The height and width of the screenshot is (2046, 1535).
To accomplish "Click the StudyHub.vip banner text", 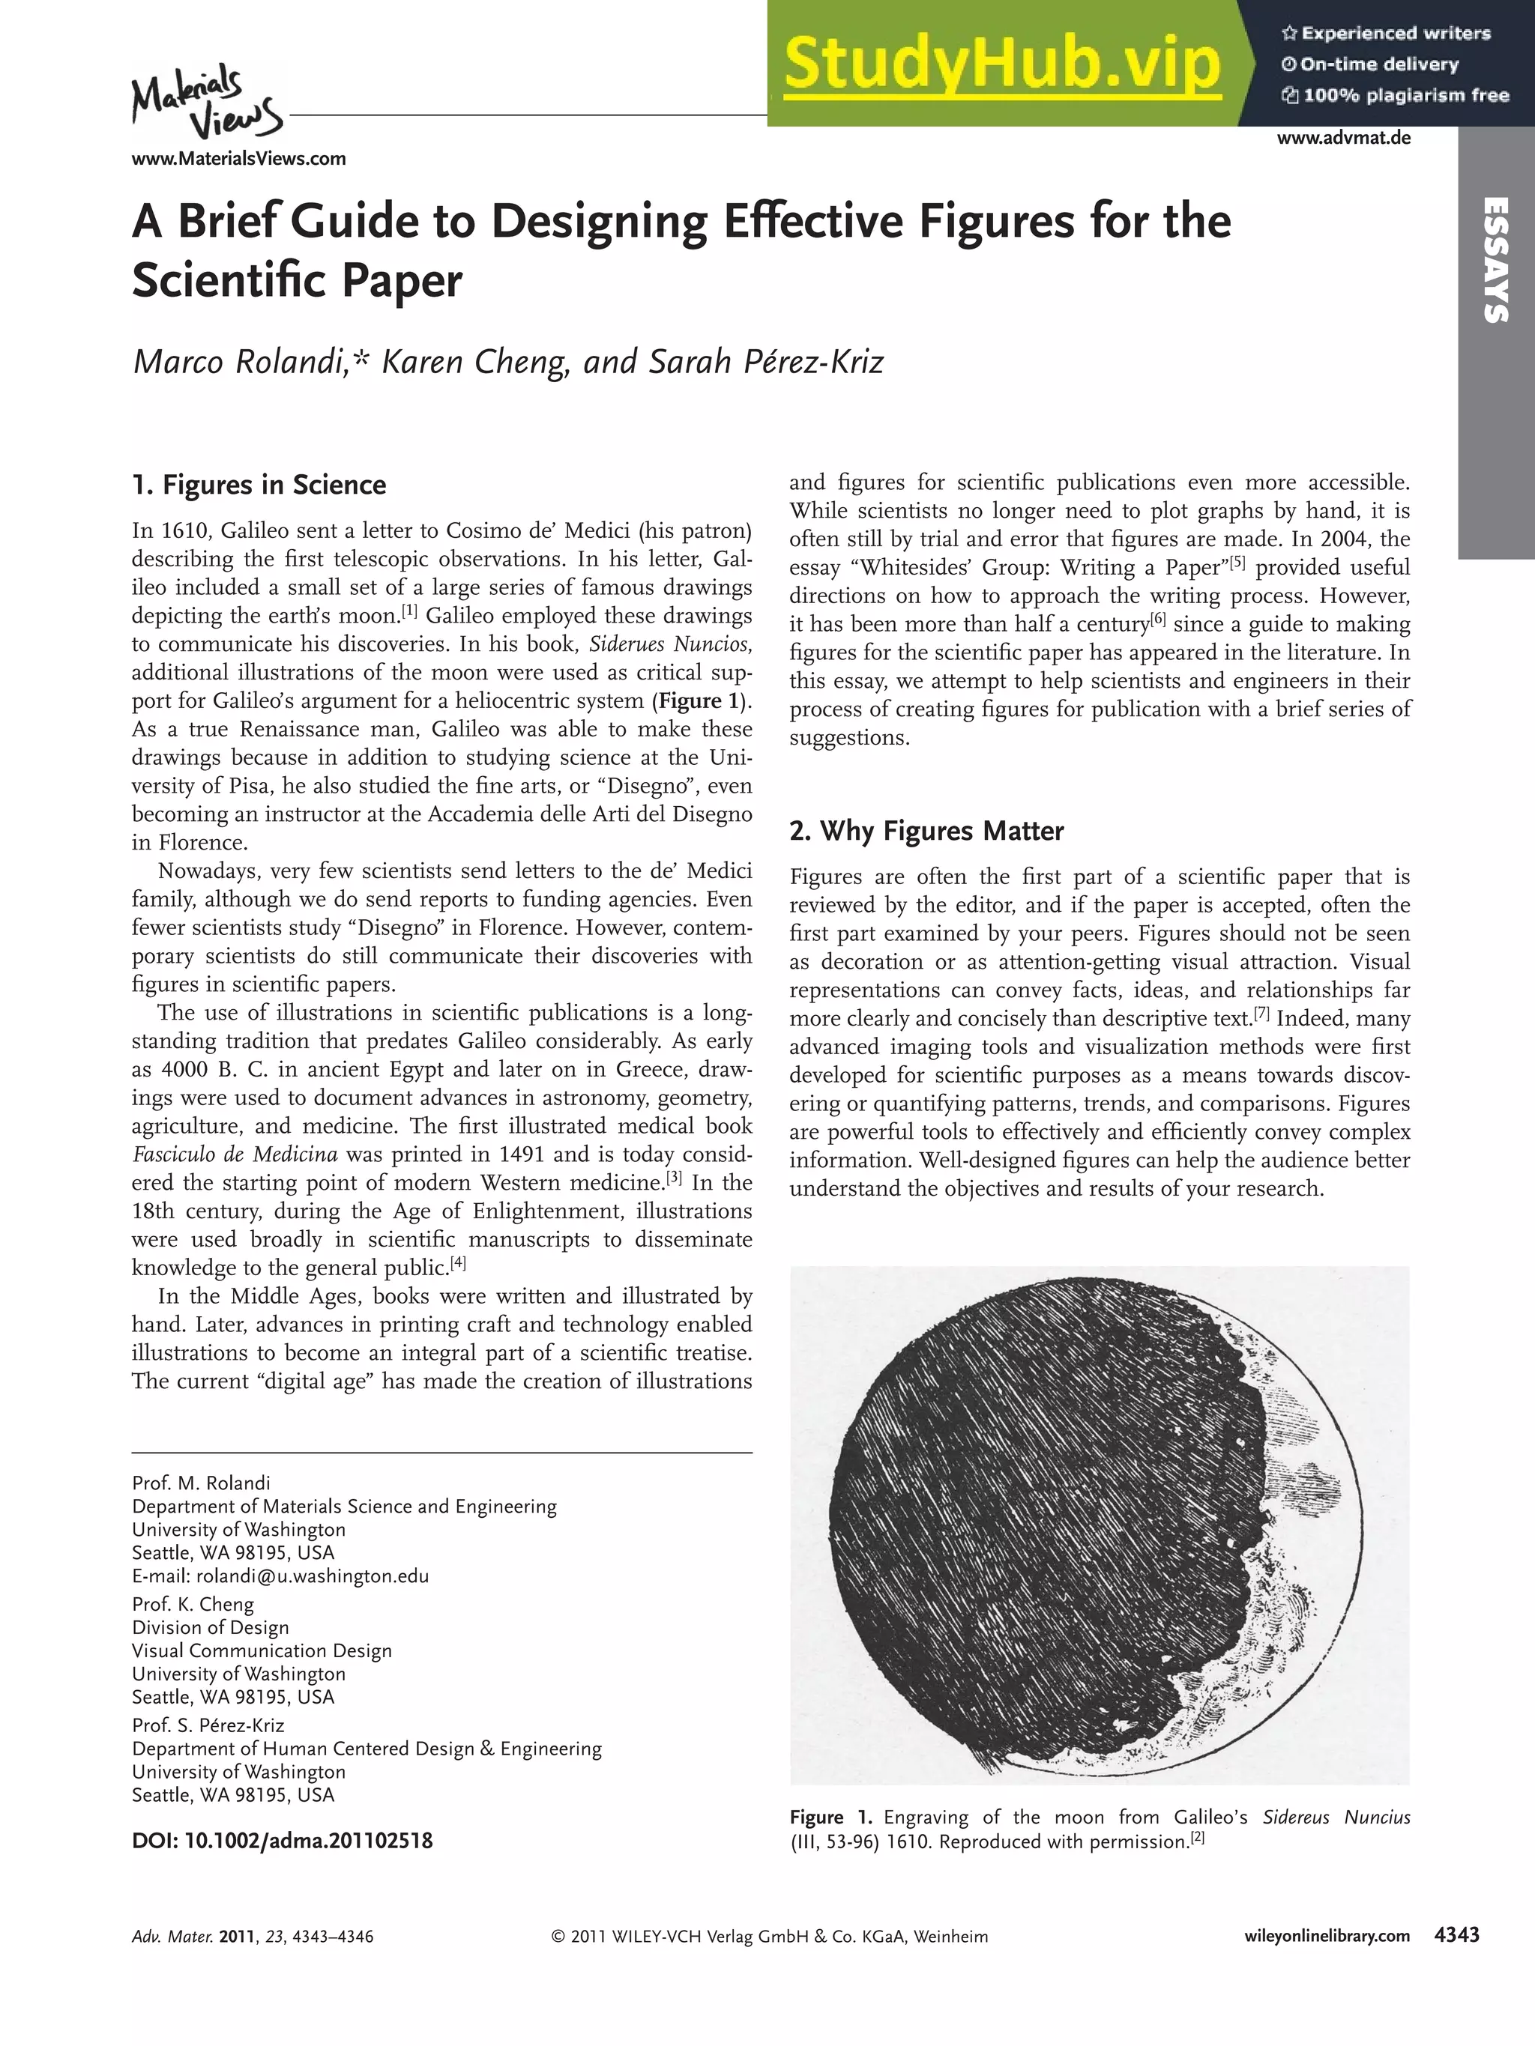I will click(1001, 64).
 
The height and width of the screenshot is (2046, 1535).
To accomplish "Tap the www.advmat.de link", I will click(1343, 139).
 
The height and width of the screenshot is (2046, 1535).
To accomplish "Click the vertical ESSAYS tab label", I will click(1496, 260).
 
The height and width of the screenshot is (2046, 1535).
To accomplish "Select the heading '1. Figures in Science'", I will click(259, 485).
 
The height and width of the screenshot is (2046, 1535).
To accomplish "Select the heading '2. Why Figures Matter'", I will click(926, 831).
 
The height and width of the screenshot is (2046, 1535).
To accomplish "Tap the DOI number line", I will click(283, 1840).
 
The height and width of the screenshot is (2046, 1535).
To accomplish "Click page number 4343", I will click(1456, 1935).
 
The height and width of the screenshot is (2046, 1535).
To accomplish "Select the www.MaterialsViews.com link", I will click(238, 158).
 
